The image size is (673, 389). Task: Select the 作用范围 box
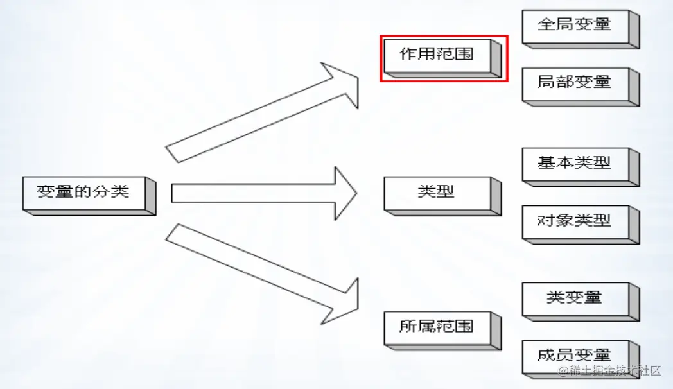tap(437, 55)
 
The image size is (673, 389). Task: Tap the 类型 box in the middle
tap(437, 192)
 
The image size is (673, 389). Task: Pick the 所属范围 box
tap(437, 327)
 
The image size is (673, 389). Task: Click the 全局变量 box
tap(575, 26)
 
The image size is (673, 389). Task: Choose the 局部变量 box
tap(575, 83)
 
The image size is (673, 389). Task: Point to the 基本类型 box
tap(575, 164)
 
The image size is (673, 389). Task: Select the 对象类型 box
tap(575, 221)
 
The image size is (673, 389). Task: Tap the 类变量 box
tap(575, 298)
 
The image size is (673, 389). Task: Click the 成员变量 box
tap(575, 356)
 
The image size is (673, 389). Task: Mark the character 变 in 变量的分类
tap(45, 192)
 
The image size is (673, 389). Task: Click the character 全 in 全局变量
tap(546, 25)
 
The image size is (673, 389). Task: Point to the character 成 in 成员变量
tap(546, 355)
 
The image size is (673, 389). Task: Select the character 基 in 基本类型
tap(546, 163)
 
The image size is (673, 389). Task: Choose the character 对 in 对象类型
tap(546, 220)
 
